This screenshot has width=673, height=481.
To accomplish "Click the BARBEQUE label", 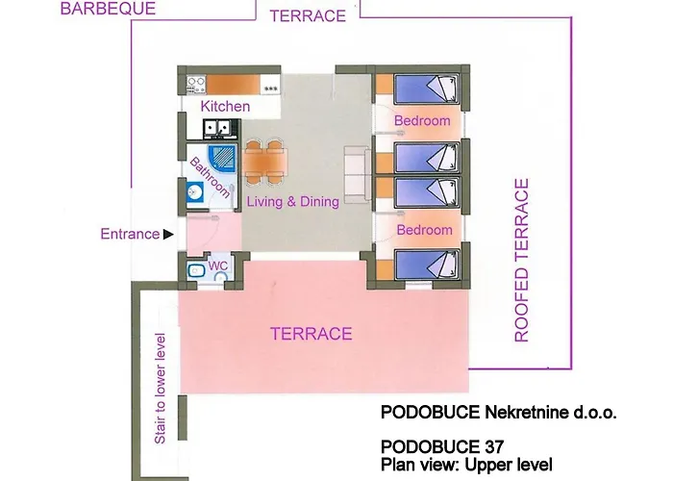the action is (x=108, y=8).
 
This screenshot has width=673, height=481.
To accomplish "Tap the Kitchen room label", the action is (x=225, y=106).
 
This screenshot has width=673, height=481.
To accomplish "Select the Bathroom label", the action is (x=210, y=177).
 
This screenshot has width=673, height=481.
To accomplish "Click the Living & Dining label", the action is (x=292, y=201).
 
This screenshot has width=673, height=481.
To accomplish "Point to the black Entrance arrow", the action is (x=168, y=234).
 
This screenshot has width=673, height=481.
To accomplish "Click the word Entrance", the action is (x=130, y=234).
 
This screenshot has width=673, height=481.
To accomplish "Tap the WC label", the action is (x=217, y=266).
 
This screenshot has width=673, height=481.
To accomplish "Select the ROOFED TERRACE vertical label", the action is (x=521, y=261).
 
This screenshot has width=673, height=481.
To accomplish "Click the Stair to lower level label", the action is (x=160, y=389).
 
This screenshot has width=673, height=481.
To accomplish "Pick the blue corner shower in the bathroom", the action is (x=222, y=158).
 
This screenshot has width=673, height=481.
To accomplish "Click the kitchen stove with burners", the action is (x=196, y=85).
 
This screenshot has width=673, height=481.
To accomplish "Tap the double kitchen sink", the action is (x=217, y=128).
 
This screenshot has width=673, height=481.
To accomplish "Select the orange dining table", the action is (x=264, y=161).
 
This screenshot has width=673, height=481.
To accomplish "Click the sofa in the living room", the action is (x=358, y=174).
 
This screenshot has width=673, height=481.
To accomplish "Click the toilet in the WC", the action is (x=196, y=270).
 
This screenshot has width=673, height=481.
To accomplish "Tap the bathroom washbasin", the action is (x=195, y=191).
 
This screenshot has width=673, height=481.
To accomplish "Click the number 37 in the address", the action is (x=494, y=447).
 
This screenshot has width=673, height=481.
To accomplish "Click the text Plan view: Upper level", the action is (x=466, y=465).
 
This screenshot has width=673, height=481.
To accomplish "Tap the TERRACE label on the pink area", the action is (x=312, y=334).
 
